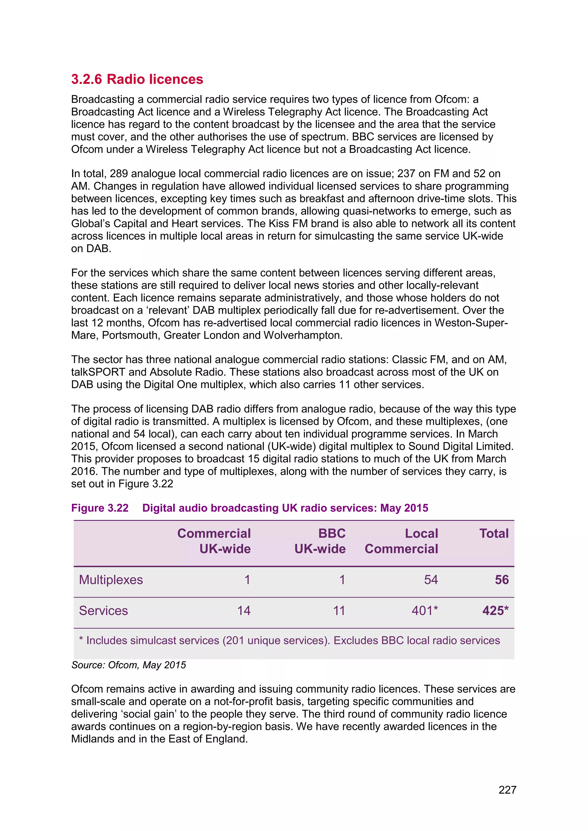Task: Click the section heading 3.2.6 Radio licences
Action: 137,79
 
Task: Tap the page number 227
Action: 507,789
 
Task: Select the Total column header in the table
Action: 494,533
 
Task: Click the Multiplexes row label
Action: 111,580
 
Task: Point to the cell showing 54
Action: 431,580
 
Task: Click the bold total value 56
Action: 502,580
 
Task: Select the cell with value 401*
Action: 424,611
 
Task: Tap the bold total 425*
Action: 495,611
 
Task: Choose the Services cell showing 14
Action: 244,611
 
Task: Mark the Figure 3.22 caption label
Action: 100,508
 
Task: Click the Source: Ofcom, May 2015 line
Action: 129,665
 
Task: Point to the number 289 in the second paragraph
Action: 119,174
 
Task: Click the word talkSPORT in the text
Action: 98,372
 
